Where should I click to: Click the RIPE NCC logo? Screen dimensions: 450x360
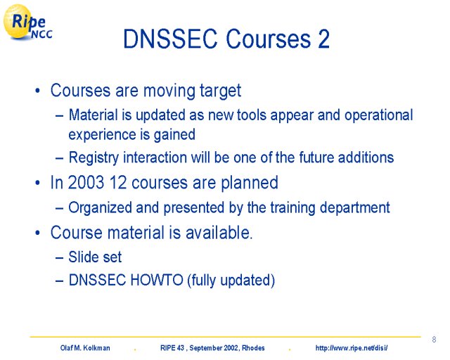coord(27,22)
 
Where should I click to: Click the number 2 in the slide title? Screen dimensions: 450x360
coord(323,39)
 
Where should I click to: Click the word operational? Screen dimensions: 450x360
coord(378,115)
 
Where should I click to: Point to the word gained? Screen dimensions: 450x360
coord(175,135)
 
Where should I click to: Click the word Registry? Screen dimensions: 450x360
coord(94,158)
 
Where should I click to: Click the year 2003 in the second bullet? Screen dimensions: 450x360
coord(86,182)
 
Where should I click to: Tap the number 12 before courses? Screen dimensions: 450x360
coord(118,182)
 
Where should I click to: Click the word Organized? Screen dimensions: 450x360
coord(100,208)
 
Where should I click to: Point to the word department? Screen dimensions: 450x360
coord(354,208)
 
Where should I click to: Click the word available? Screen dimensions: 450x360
coord(219,232)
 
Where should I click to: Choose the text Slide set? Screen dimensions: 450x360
coord(95,257)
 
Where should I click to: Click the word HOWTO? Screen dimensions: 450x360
coord(157,280)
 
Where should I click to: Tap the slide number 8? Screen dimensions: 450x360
coord(434,340)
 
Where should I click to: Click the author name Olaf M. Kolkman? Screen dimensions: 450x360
coord(85,348)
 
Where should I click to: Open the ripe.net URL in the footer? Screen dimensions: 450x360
coord(352,348)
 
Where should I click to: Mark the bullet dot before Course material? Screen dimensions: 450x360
coord(37,233)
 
